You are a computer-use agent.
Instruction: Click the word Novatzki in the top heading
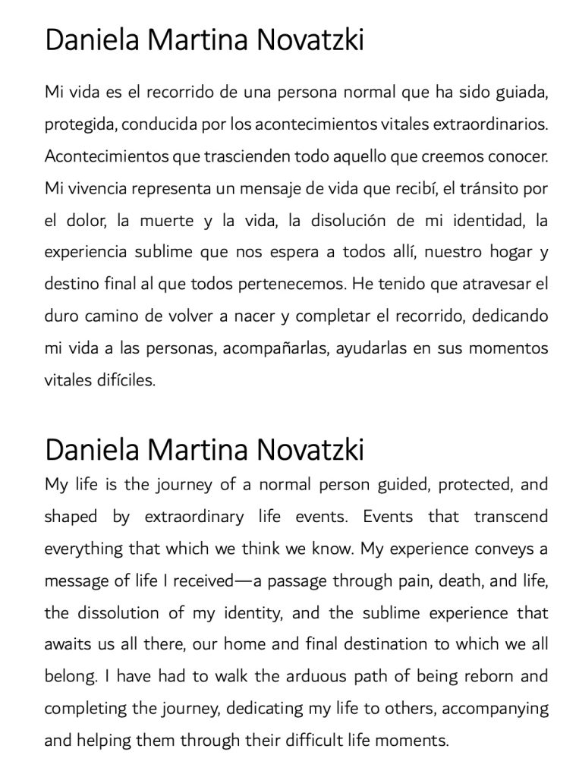coord(311,39)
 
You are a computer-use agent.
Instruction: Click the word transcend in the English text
coord(511,516)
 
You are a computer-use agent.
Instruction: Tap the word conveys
coord(504,548)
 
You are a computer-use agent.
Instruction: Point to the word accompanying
coord(496,707)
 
